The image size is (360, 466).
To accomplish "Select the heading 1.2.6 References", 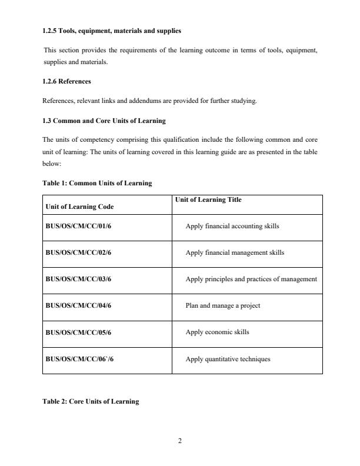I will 66,81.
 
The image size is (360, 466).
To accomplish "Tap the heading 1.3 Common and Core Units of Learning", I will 104,121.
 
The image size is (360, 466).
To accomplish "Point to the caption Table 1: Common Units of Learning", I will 97,183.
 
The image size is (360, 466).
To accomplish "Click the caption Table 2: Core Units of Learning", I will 91,401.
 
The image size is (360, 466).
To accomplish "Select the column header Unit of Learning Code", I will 79,207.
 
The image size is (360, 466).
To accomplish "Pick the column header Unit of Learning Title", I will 208,200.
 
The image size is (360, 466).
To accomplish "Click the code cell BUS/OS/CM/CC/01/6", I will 78,226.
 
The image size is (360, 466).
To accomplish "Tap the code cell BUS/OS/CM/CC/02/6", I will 78,252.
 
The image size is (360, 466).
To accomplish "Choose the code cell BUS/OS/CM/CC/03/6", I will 78,279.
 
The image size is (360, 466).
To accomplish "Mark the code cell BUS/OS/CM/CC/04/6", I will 78,305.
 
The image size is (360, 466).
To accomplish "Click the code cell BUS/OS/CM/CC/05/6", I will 78,332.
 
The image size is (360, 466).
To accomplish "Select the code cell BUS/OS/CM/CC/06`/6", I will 79,358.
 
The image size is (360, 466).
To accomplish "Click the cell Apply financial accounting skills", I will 232,226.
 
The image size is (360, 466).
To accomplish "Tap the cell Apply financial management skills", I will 234,252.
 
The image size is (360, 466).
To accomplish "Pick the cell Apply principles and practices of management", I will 251,279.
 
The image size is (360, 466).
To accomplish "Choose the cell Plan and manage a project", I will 222,305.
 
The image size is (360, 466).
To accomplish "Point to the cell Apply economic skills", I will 217,332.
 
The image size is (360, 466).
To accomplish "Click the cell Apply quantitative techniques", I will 228,358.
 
